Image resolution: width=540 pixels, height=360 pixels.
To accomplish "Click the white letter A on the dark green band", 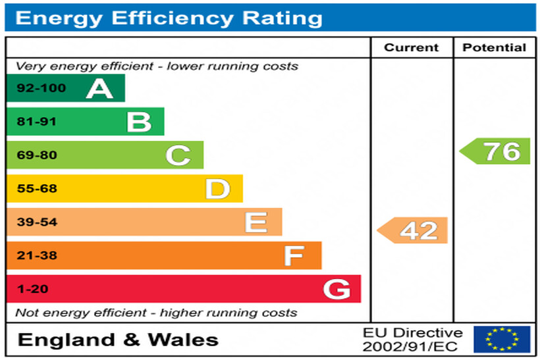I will coord(99,88).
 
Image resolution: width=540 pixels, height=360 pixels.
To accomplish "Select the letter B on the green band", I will coord(139,122).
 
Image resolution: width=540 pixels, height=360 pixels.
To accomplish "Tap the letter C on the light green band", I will coord(178,156).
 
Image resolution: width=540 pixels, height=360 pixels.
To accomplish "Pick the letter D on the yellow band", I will coord(217,189).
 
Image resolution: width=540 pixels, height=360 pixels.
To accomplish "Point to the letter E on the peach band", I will coord(256,222).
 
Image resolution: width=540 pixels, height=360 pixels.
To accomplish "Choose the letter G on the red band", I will coord(337,289).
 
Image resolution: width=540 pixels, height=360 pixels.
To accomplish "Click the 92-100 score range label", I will coord(41,88).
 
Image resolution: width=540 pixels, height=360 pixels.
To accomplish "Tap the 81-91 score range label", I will coord(37,122).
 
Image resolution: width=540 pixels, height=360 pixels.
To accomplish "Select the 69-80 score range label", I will coord(37,156).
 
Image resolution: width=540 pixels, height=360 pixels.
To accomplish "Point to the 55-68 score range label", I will coord(37,189).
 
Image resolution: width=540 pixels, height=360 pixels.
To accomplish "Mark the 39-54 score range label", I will coord(37,222).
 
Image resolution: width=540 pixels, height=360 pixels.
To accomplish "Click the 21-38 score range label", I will coord(37,255).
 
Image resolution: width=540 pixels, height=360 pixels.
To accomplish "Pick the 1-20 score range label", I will coord(33,289).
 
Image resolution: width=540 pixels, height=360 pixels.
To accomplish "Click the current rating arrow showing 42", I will coord(413,230).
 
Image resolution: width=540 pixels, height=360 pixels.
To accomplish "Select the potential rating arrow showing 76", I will coord(496,151).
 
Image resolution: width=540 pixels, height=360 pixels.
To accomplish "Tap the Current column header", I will coord(411,47).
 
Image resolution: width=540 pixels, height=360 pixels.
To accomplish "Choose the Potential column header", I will coord(494,47).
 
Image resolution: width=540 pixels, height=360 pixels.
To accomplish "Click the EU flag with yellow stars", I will coord(502,339).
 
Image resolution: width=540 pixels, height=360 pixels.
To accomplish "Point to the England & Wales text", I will coord(118,340).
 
